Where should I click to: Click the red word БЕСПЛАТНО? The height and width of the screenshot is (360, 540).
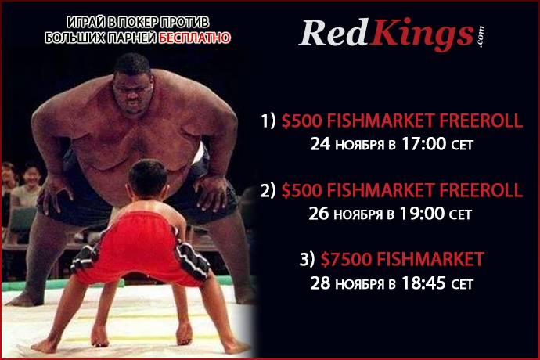coord(195,38)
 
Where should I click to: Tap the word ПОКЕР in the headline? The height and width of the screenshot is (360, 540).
coord(139,23)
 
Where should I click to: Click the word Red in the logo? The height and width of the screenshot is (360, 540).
coord(333,33)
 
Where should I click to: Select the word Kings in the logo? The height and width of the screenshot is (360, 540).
coord(422,35)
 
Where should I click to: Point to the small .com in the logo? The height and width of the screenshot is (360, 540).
coord(481,37)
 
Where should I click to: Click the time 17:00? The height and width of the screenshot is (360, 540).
coord(424,144)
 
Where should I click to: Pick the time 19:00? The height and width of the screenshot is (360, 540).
coord(423,213)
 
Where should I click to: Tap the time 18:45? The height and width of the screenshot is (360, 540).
coord(423,283)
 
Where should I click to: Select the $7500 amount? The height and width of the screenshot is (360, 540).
coord(346,259)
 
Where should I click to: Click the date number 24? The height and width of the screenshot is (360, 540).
coord(320,144)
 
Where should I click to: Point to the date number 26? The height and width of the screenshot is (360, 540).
coord(319,214)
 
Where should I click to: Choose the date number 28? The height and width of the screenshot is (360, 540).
coord(320,283)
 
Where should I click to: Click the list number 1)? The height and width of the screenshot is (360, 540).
coord(268,121)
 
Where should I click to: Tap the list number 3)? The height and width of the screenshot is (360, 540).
coord(308,259)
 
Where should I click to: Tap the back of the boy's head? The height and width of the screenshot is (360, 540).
coord(148,178)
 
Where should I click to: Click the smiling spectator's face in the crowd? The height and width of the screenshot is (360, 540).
coord(32,176)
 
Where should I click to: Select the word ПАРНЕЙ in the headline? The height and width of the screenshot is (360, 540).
coord(132,38)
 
